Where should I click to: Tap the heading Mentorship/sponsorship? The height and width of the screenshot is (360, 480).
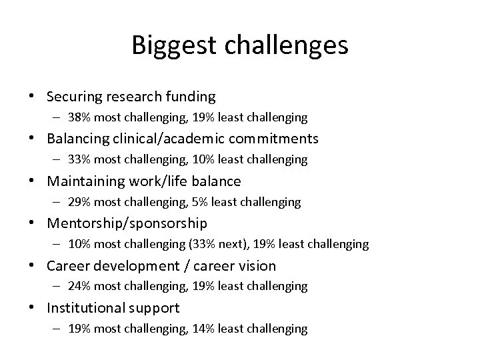point(127,223)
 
